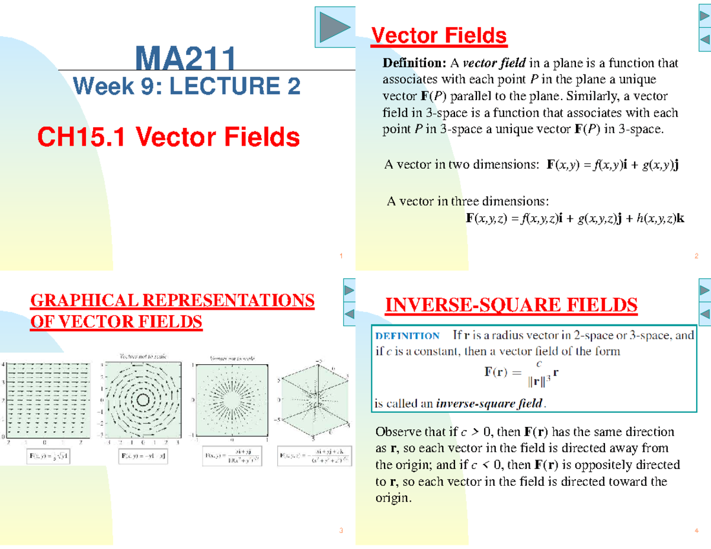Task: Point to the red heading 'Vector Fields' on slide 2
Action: (x=438, y=36)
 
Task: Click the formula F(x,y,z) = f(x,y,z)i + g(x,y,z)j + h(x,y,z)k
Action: (x=575, y=219)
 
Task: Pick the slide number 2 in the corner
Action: (x=695, y=256)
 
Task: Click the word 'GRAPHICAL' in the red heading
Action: (x=75, y=301)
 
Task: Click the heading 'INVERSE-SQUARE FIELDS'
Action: (x=511, y=306)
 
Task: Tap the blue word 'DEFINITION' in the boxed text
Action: (x=407, y=336)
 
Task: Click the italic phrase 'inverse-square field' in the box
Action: (x=489, y=404)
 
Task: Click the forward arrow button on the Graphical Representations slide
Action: (x=349, y=290)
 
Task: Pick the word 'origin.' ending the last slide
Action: (x=393, y=498)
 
